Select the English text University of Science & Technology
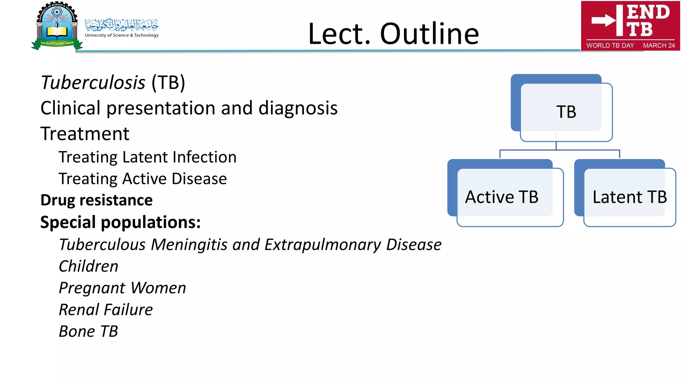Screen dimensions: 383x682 [x=122, y=35]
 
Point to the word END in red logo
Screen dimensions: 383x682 [x=648, y=12]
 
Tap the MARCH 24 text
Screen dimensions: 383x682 [x=659, y=45]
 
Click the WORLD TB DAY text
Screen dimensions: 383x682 [x=610, y=45]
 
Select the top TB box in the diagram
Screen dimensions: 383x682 [x=566, y=112]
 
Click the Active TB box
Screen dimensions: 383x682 [x=502, y=197]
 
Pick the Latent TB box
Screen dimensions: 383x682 [x=629, y=197]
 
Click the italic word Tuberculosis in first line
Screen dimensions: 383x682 [x=93, y=83]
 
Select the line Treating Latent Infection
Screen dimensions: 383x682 [x=148, y=157]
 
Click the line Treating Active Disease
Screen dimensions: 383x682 [x=143, y=179]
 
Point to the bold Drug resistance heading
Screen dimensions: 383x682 [x=97, y=200]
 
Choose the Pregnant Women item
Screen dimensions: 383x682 [x=122, y=288]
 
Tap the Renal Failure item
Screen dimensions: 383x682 [x=106, y=310]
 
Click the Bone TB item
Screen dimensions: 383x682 [x=88, y=331]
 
